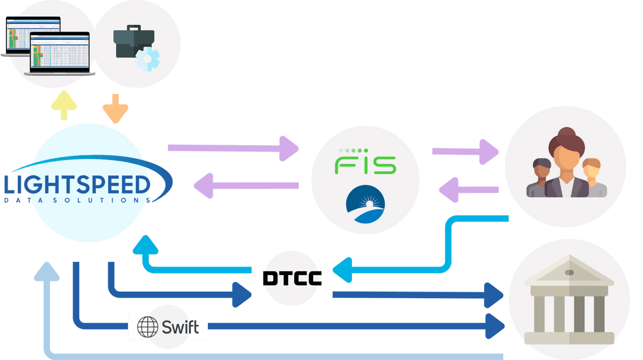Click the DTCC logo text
coord(292,278)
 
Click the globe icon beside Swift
coord(148,327)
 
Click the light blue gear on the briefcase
coord(147,59)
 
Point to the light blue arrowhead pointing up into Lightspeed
coord(145,243)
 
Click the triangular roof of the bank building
coord(569,271)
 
